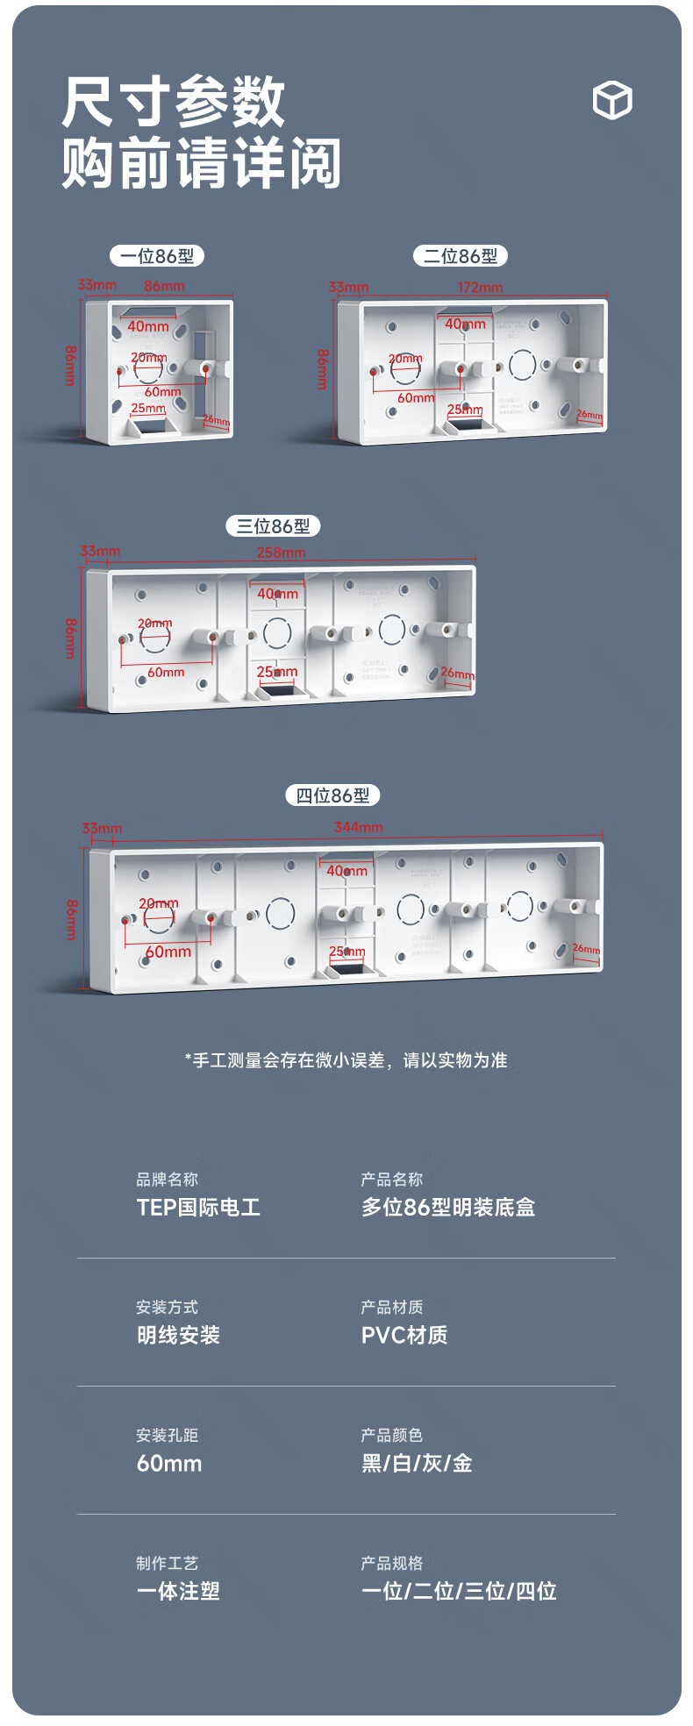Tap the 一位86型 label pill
click(157, 256)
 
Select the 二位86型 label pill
click(461, 256)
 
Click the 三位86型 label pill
click(273, 526)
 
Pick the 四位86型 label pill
click(332, 795)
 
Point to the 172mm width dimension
click(480, 288)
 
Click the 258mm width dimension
click(281, 553)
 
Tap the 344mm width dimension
click(358, 827)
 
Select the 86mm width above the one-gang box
click(164, 286)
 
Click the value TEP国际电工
click(198, 1208)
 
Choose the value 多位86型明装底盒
click(448, 1208)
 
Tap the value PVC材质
click(404, 1336)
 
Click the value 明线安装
click(178, 1336)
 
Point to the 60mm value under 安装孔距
click(169, 1464)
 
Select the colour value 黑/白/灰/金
click(418, 1464)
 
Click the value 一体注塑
click(178, 1592)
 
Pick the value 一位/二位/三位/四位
click(459, 1592)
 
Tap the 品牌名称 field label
click(167, 1180)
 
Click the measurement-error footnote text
click(346, 1060)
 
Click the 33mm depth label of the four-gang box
click(102, 828)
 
